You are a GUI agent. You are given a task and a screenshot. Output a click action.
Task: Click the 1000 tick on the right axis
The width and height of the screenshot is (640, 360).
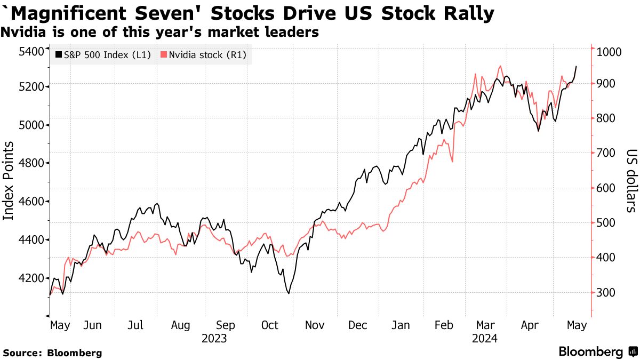pos(609,52)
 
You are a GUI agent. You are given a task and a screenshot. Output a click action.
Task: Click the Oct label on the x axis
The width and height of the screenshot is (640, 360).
pos(270,325)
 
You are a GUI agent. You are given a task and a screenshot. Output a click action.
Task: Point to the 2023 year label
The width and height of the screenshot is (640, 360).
pos(214,339)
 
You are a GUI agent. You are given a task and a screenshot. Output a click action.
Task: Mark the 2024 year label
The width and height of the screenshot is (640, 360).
pos(485,339)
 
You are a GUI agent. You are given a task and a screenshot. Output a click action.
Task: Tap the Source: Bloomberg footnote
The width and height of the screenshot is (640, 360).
pos(52,353)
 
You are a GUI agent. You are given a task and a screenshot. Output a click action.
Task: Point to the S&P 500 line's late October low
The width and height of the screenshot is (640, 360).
pos(289,293)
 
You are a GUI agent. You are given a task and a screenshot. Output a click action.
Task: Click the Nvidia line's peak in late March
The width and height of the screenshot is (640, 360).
pos(500,66)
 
